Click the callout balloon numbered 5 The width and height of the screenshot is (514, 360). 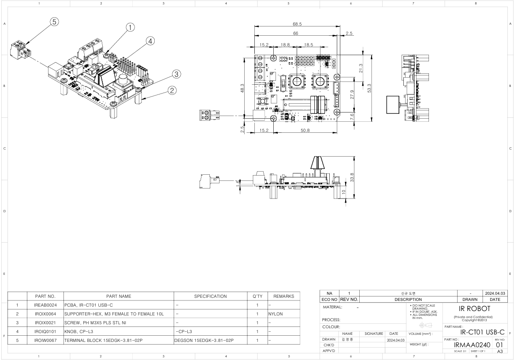[54, 22]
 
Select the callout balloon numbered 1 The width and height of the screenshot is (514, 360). [130, 27]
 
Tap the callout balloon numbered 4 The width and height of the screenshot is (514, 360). [150, 41]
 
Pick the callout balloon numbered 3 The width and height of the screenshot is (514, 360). [176, 74]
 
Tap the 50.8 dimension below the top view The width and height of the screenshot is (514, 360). [305, 131]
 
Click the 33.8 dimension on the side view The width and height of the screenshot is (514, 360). [351, 177]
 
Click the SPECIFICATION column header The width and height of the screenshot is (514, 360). [211, 296]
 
